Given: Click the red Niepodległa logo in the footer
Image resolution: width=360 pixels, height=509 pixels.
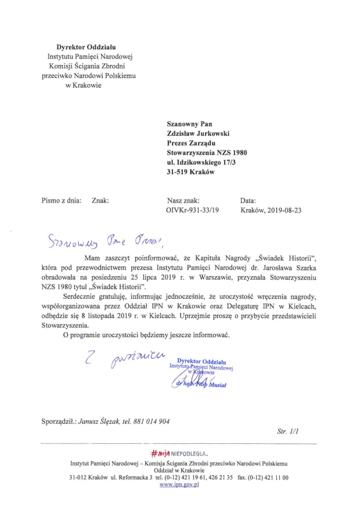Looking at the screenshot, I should [178, 453].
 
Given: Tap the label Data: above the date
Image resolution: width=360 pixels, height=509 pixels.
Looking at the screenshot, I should [248, 200].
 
